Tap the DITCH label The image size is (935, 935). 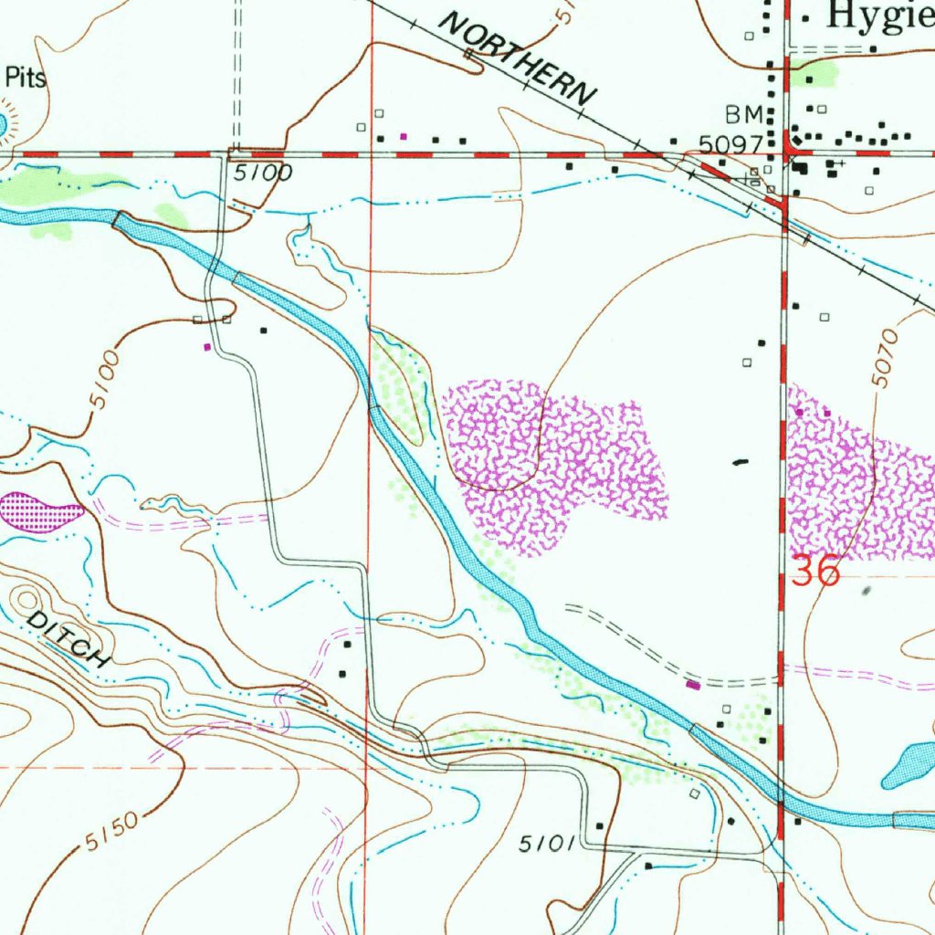(69, 639)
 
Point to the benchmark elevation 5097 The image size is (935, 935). (730, 145)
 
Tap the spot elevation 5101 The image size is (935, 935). (546, 846)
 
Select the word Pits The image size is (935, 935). (26, 79)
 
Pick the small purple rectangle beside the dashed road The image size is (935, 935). (693, 684)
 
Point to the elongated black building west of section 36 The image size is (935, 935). (739, 463)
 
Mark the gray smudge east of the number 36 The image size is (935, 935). (867, 592)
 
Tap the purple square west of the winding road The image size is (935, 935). (207, 347)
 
